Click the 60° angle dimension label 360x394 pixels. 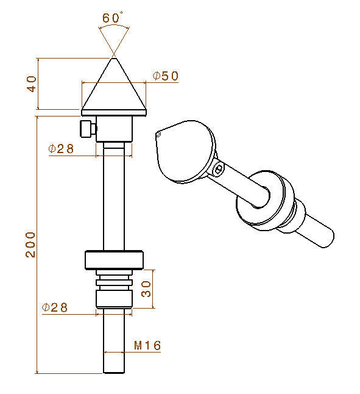(x=112, y=18)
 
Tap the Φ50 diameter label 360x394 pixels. (x=166, y=76)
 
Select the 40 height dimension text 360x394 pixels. (x=31, y=84)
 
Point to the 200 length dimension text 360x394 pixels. (x=30, y=245)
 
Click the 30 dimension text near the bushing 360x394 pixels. (x=146, y=289)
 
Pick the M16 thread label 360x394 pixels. (x=147, y=345)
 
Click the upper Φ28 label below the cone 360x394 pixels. (x=61, y=148)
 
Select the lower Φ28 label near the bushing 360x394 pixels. (x=55, y=307)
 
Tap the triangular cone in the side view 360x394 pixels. (x=114, y=84)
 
